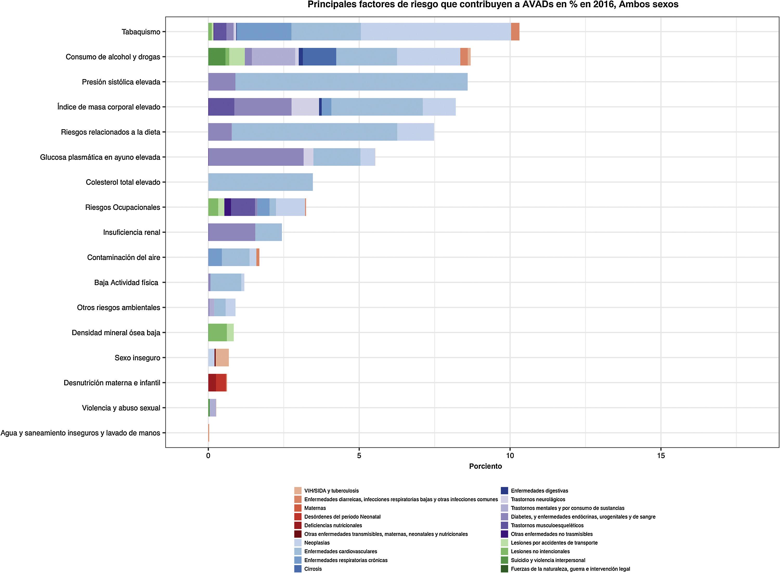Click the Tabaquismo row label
(x=141, y=32)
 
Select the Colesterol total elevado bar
(x=260, y=182)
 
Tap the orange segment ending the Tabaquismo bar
(x=515, y=32)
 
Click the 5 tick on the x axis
(x=359, y=455)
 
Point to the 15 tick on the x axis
(x=661, y=455)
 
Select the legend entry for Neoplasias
(x=317, y=543)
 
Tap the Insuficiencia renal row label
(x=132, y=232)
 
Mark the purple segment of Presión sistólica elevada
(x=222, y=82)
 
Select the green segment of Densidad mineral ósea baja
(x=217, y=333)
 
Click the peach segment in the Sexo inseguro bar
(x=222, y=357)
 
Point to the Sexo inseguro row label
(x=137, y=357)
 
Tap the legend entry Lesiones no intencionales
(x=540, y=551)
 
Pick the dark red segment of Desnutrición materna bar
(x=212, y=383)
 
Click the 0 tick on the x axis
(x=208, y=455)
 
